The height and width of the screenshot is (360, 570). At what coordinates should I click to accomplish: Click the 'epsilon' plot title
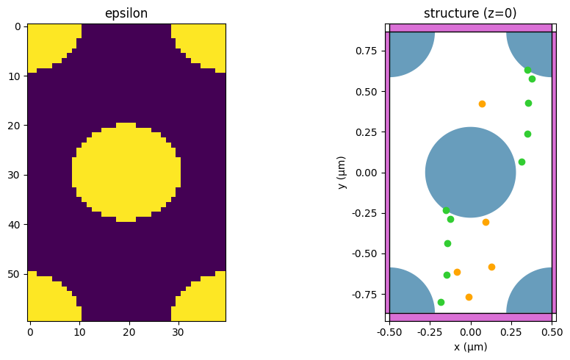126,14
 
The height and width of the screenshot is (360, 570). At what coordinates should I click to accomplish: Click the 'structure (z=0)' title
470,14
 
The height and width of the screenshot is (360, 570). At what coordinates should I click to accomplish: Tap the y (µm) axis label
342,173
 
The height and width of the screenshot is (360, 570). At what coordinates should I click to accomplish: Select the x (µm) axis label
470,347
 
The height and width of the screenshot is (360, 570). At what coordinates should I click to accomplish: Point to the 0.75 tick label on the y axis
367,51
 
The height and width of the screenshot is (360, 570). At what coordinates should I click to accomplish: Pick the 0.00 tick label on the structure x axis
470,332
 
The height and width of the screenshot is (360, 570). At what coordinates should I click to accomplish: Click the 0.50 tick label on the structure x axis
552,332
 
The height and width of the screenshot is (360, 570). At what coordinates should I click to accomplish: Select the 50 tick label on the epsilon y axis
16,274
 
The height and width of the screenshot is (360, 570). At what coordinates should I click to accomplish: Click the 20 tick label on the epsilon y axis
16,126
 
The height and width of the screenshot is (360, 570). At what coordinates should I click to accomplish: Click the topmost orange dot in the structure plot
482,104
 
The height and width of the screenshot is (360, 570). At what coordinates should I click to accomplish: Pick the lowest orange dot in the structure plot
469,297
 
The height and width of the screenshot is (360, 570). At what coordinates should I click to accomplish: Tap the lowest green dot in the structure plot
441,302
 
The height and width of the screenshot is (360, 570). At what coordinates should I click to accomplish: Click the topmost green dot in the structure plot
527,70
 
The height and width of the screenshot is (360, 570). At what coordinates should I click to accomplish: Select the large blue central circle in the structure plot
470,173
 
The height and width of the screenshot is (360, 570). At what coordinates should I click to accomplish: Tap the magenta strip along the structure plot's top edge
470,28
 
